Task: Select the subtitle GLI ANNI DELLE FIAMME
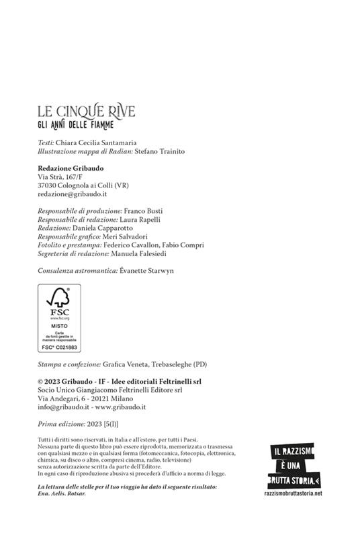pos(75,124)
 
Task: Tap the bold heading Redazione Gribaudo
pos(69,167)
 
